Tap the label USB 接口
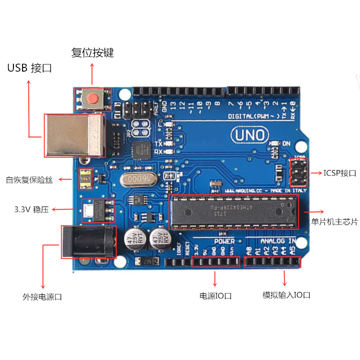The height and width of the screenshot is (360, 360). pyautogui.click(x=30, y=68)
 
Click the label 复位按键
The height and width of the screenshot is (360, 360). pyautogui.click(x=93, y=53)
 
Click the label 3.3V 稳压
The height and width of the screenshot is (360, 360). pyautogui.click(x=31, y=210)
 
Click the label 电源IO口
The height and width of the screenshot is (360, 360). pyautogui.click(x=216, y=296)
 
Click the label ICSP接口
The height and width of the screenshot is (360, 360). pyautogui.click(x=340, y=173)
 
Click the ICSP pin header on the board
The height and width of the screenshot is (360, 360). pyautogui.click(x=298, y=173)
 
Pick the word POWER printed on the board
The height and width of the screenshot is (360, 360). pyautogui.click(x=224, y=241)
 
